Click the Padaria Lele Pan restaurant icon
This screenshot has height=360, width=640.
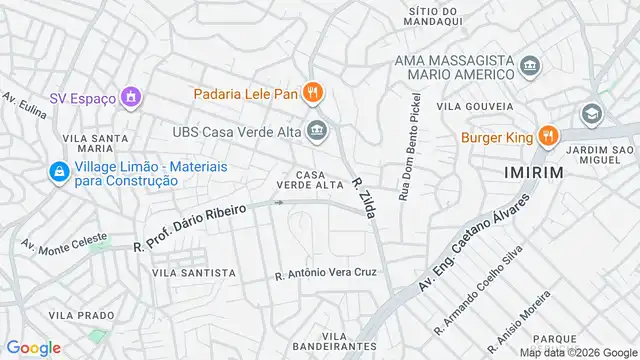pos(313,94)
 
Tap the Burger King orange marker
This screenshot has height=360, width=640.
pos(547,136)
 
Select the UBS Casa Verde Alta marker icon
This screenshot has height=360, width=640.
pos(317,129)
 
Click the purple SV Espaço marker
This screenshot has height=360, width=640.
pos(129,97)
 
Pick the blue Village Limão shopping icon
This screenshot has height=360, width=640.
pos(59,172)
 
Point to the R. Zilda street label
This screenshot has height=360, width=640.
pos(361,188)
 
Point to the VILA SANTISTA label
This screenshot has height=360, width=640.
pos(194,272)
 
